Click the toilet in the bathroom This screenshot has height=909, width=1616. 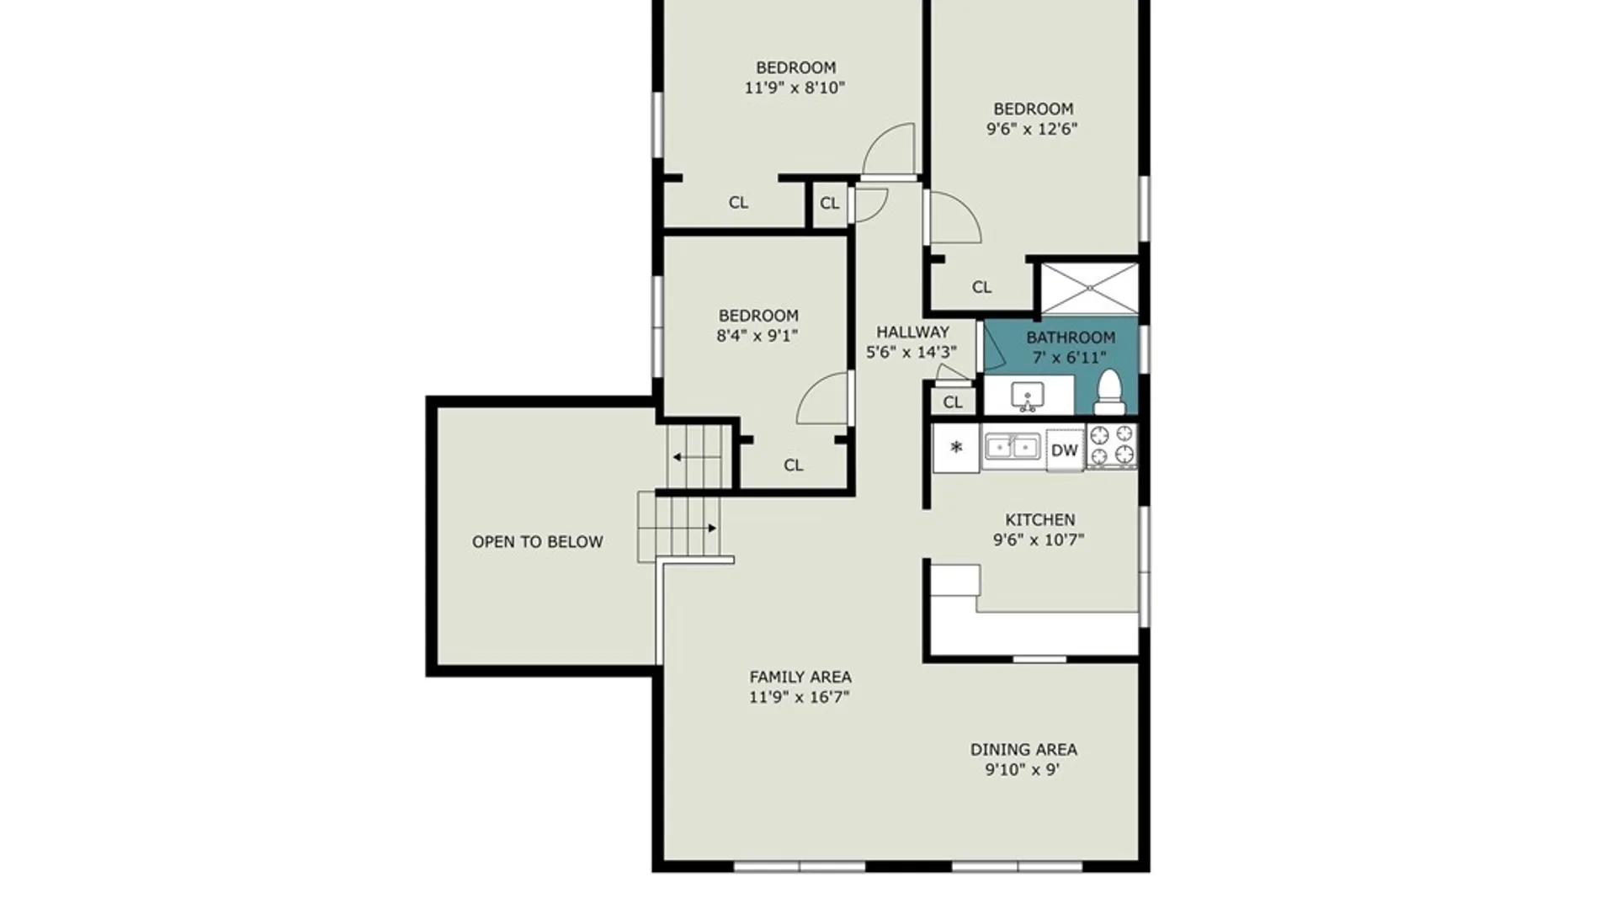1109,392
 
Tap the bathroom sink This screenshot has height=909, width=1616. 1028,396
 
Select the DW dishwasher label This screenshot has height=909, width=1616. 1065,450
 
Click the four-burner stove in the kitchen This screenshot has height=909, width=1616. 1112,445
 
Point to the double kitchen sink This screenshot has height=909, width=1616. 1013,447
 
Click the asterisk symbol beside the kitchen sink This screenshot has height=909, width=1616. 956,447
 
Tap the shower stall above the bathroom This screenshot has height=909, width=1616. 1090,289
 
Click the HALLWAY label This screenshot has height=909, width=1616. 912,332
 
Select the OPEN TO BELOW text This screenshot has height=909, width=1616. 537,542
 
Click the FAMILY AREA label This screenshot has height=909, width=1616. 800,677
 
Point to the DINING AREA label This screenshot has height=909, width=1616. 1023,749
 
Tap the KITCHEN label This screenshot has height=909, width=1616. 1040,519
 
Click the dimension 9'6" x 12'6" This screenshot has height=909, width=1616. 1032,129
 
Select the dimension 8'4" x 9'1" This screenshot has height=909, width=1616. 757,336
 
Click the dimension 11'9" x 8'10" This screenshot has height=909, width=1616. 795,88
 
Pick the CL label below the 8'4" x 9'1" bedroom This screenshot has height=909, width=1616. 793,465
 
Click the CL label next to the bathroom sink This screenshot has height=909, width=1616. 952,402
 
